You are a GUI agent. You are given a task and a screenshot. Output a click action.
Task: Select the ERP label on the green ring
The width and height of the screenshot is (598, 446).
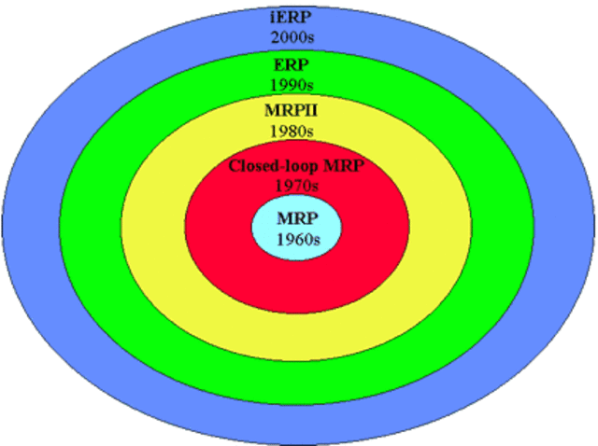pyautogui.click(x=296, y=67)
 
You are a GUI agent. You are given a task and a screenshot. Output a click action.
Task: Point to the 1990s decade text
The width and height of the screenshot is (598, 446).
pyautogui.click(x=296, y=84)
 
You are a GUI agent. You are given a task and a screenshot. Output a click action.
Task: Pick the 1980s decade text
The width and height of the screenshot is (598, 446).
pyautogui.click(x=296, y=131)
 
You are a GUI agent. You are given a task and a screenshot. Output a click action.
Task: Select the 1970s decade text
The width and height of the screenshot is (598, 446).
pyautogui.click(x=297, y=186)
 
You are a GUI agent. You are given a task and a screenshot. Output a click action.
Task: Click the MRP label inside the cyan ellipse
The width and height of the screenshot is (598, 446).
pyautogui.click(x=297, y=221)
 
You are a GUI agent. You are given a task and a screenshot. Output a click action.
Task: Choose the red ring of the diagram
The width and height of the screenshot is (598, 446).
pyautogui.click(x=296, y=285)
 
